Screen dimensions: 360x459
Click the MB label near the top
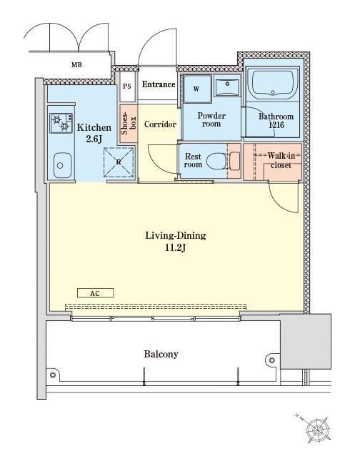(76, 64)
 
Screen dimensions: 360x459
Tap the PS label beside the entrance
(127, 87)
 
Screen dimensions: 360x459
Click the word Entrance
(159, 84)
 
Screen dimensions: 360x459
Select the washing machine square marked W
(197, 89)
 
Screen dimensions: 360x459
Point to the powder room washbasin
(227, 85)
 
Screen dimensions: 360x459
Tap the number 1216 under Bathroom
(276, 125)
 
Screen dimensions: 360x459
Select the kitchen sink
(63, 165)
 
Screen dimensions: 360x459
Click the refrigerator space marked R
(119, 162)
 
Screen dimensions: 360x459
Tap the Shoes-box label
(128, 124)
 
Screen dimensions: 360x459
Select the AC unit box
(95, 293)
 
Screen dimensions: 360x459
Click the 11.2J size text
(176, 248)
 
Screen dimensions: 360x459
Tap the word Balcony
(161, 354)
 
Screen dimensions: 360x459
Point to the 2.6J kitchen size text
(94, 139)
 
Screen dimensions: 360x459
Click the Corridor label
(160, 124)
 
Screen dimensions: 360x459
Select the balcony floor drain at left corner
(53, 375)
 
